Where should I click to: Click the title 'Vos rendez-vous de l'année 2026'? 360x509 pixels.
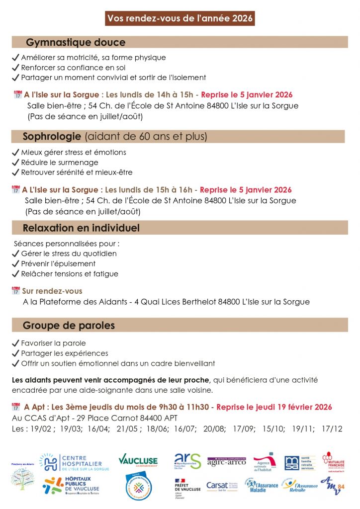180,19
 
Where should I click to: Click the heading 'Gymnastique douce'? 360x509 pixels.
76,42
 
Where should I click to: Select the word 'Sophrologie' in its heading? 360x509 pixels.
52,136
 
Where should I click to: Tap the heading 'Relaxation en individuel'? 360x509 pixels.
81,228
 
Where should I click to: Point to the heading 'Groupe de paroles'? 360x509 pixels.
69,326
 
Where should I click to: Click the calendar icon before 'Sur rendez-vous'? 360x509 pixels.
15,291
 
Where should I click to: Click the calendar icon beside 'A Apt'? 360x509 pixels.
16,407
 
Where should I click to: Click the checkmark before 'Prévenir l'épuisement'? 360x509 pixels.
15,264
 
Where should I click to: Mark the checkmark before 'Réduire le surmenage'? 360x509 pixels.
15,163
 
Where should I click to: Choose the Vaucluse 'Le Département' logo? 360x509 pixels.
138,460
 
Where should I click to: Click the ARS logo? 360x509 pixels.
187,461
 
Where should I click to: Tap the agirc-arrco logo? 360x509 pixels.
226,462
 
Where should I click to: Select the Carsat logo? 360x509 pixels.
222,486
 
